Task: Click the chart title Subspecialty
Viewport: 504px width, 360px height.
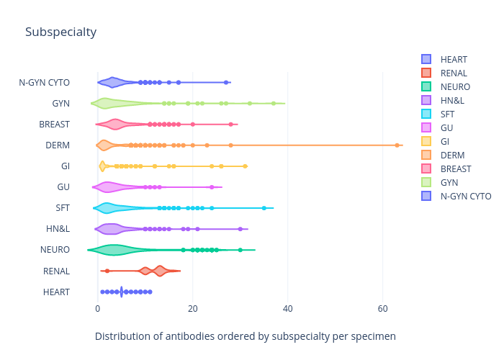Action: pyautogui.click(x=60, y=32)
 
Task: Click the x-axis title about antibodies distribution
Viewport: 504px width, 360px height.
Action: pyautogui.click(x=246, y=336)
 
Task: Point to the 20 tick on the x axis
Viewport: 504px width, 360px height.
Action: pyautogui.click(x=193, y=309)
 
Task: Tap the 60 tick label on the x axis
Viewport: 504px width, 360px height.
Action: pyautogui.click(x=383, y=309)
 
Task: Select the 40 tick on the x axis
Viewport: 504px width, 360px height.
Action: pyautogui.click(x=288, y=309)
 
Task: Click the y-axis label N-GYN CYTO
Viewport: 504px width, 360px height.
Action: pyautogui.click(x=45, y=83)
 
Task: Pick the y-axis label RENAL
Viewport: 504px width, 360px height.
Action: pyautogui.click(x=56, y=271)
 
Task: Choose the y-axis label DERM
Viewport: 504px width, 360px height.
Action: pyautogui.click(x=58, y=145)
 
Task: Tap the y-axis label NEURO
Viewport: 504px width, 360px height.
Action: pyautogui.click(x=55, y=250)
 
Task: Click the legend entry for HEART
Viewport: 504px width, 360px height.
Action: pyautogui.click(x=454, y=59)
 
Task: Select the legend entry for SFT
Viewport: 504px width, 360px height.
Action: pyautogui.click(x=448, y=114)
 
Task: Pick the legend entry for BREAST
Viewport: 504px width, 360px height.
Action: pyautogui.click(x=455, y=168)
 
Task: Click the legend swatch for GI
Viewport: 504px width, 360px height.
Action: pyautogui.click(x=426, y=141)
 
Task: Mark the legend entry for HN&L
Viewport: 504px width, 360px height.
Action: pyautogui.click(x=452, y=100)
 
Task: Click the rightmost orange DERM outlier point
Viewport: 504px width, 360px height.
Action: pyautogui.click(x=397, y=145)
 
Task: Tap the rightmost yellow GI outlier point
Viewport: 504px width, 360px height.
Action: pyautogui.click(x=245, y=166)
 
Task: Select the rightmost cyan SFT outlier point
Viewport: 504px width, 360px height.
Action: pyautogui.click(x=264, y=208)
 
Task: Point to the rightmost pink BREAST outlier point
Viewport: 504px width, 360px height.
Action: pyautogui.click(x=230, y=125)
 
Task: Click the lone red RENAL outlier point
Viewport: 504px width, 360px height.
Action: pyautogui.click(x=107, y=271)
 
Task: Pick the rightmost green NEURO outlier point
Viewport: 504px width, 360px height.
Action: pyautogui.click(x=240, y=250)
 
